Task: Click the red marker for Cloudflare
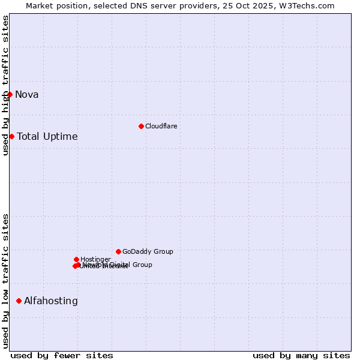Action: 141,126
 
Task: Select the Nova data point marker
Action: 10,94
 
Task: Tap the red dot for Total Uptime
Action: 11,136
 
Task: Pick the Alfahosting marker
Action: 19,301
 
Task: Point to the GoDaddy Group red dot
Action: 118,251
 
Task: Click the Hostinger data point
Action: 76,259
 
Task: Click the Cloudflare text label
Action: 161,126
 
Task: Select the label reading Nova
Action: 26,94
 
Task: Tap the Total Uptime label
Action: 47,136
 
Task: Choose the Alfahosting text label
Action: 50,301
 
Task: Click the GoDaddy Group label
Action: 148,251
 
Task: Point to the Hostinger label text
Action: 95,259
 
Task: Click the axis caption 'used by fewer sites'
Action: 62,355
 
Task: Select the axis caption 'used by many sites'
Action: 301,355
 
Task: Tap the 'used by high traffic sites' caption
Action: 5,85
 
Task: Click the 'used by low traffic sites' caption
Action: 5,281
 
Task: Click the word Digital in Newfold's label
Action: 121,265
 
